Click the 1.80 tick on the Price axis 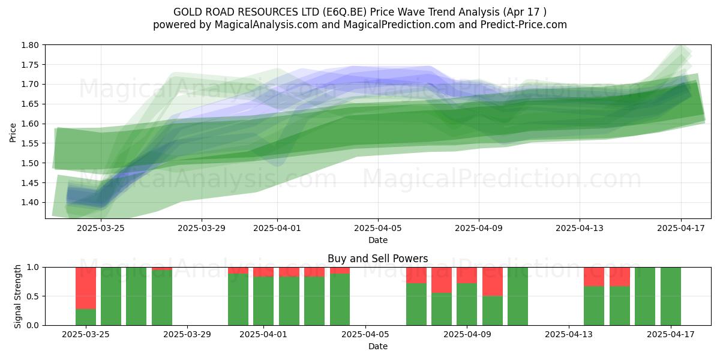(29, 45)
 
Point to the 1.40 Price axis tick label (29, 203)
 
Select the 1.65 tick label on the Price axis (29, 104)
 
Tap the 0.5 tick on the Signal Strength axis (33, 296)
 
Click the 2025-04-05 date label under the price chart (378, 228)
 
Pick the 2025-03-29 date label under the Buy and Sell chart (187, 335)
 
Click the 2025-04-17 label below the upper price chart (681, 228)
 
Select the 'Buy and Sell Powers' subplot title (377, 259)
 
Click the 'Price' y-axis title (13, 133)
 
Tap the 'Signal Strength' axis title (17, 296)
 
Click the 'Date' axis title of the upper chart (378, 240)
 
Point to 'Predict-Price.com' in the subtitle (524, 25)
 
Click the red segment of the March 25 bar (86, 288)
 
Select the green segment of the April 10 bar (493, 311)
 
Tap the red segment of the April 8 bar (442, 280)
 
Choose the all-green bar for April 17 (671, 296)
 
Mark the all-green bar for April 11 (518, 296)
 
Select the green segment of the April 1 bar (263, 301)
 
